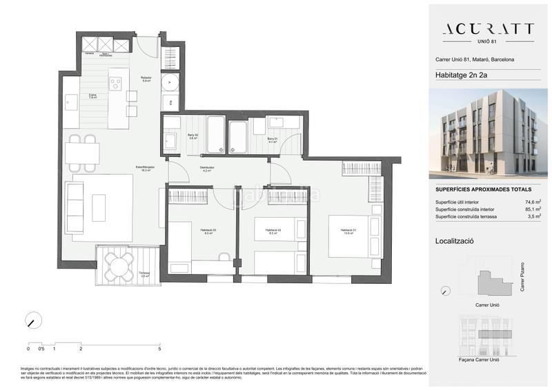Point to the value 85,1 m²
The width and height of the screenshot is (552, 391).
tap(531, 209)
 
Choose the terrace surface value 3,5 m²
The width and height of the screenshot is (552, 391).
tap(533, 216)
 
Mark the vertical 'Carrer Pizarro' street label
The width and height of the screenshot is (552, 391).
tap(522, 276)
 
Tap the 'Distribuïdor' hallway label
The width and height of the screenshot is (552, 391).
tap(208, 168)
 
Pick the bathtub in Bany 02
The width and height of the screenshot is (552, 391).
tap(215, 134)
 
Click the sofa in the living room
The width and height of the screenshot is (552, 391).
tap(74, 207)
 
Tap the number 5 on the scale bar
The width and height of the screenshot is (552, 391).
tap(159, 349)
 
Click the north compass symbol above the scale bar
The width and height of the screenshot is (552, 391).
tap(31, 321)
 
